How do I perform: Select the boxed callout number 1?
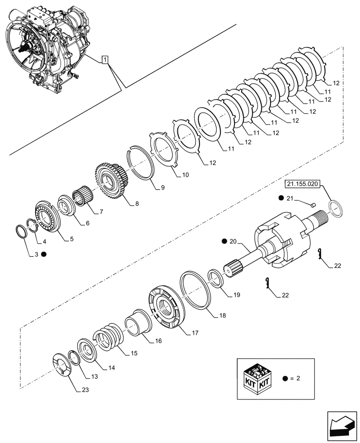pyautogui.click(x=105, y=59)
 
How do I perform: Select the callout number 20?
pyautogui.click(x=234, y=241)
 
